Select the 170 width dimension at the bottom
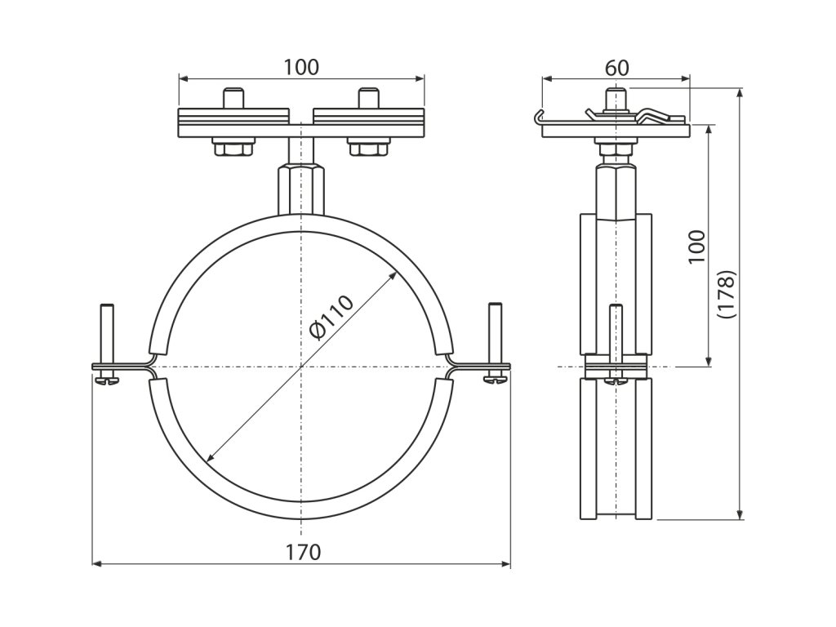click(302, 552)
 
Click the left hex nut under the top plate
click(233, 149)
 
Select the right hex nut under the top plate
click(369, 149)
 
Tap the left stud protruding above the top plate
click(233, 98)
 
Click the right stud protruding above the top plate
click(369, 98)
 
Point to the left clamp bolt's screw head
click(107, 378)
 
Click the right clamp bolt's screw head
click(496, 378)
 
